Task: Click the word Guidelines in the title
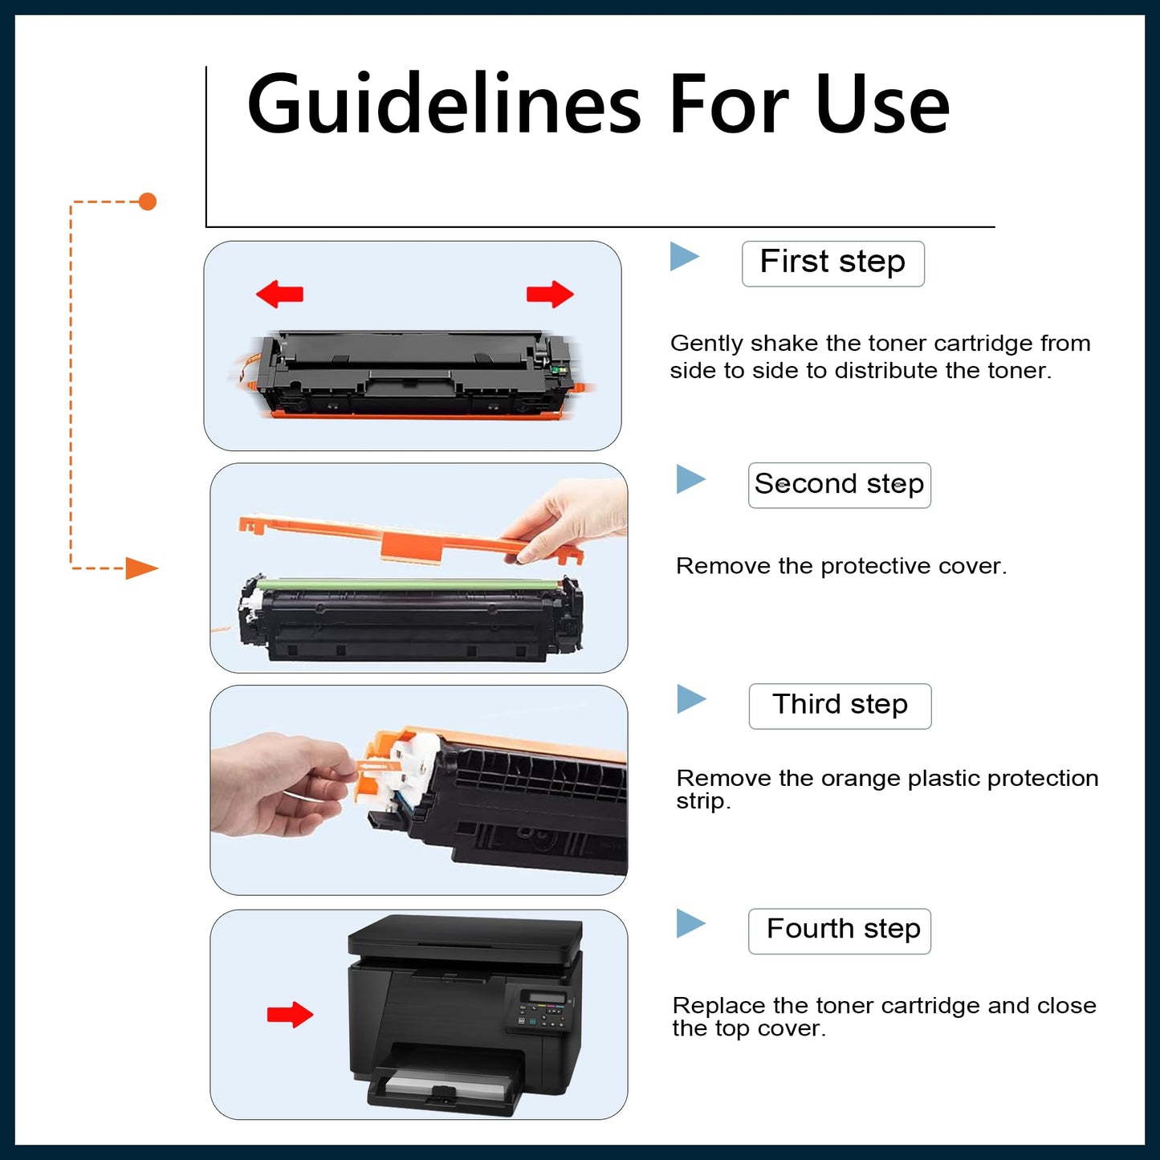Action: click(x=443, y=104)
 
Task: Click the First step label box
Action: click(x=832, y=263)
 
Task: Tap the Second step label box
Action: click(x=839, y=485)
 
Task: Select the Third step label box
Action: click(x=840, y=706)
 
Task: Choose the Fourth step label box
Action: click(x=839, y=930)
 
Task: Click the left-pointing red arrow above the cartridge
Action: click(x=279, y=294)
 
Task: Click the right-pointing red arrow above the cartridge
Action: click(x=550, y=294)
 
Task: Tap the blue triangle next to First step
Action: click(x=683, y=257)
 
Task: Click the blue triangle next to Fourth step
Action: click(x=690, y=923)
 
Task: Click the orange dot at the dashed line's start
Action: click(x=147, y=201)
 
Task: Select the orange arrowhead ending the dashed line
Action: click(x=141, y=568)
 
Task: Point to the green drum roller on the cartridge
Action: click(x=409, y=584)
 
